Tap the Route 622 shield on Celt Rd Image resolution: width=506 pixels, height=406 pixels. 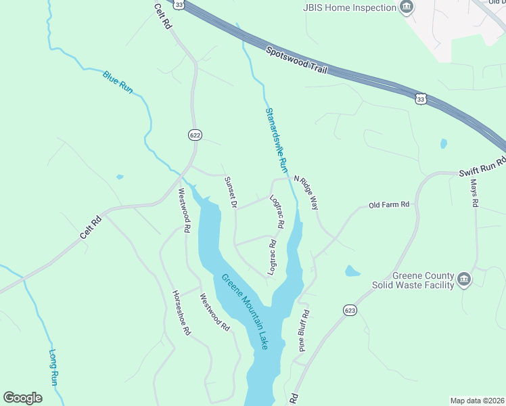pyautogui.click(x=195, y=135)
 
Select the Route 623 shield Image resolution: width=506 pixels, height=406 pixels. pyautogui.click(x=349, y=309)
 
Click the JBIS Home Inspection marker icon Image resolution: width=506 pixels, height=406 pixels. pyautogui.click(x=407, y=8)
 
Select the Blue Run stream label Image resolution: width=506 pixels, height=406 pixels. pyautogui.click(x=118, y=81)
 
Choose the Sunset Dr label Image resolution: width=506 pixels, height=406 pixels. pyautogui.click(x=230, y=194)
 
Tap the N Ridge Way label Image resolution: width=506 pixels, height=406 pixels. pyautogui.click(x=305, y=193)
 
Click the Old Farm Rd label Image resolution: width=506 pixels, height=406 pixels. pyautogui.click(x=389, y=204)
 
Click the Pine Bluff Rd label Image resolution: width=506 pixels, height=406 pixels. pyautogui.click(x=304, y=332)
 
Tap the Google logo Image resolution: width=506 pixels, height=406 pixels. pyautogui.click(x=22, y=398)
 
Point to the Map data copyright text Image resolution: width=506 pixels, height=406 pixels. pyautogui.click(x=478, y=401)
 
